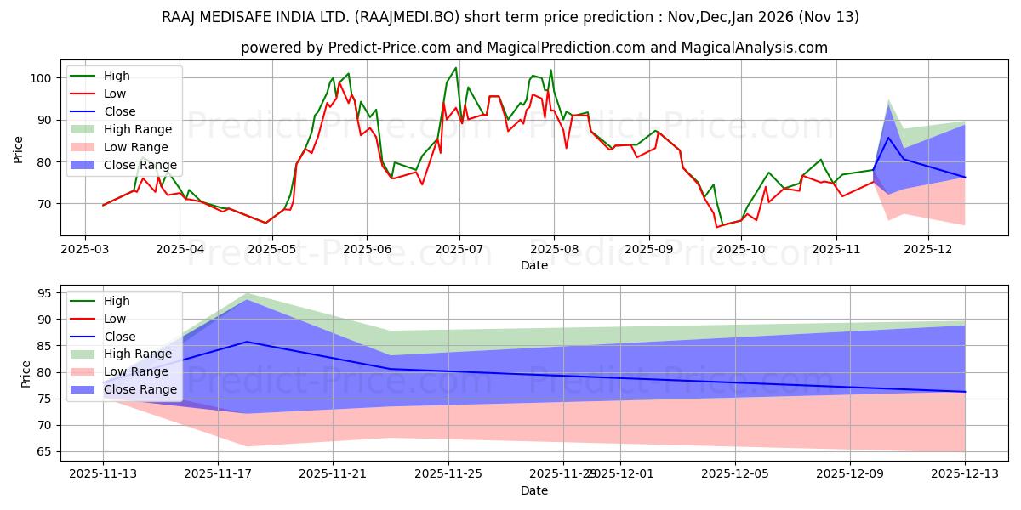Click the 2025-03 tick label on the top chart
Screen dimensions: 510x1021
click(85, 249)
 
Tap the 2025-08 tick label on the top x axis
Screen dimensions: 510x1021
click(554, 249)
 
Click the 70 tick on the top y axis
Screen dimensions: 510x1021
click(44, 204)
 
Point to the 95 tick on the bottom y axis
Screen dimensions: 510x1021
click(44, 293)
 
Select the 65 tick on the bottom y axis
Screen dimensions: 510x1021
click(44, 451)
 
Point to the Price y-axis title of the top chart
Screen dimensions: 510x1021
click(19, 149)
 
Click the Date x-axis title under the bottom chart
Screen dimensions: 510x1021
click(534, 491)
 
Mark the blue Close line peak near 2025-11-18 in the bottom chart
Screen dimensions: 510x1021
click(247, 342)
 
